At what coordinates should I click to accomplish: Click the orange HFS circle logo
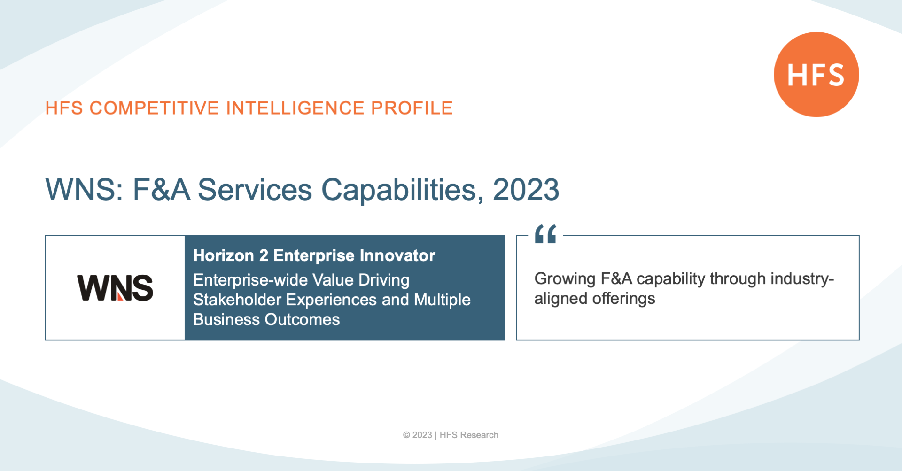pos(816,75)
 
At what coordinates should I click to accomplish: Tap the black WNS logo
pos(115,288)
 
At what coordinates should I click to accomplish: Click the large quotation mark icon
pos(545,234)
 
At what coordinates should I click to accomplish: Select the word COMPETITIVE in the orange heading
pos(155,108)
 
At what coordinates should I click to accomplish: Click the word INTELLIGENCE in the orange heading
pos(295,108)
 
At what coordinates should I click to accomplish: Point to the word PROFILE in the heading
pos(412,108)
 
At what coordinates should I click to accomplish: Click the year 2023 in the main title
pos(526,190)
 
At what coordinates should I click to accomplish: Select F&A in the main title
pos(162,190)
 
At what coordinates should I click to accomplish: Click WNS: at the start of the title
pos(85,190)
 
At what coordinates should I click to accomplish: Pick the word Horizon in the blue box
pos(224,255)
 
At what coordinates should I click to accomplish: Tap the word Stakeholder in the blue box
pos(237,300)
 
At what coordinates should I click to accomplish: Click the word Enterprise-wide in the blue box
pos(250,280)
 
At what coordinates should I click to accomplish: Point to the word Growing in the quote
pos(565,279)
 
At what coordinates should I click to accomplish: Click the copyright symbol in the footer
pos(406,435)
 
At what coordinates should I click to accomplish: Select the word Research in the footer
pos(479,435)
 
